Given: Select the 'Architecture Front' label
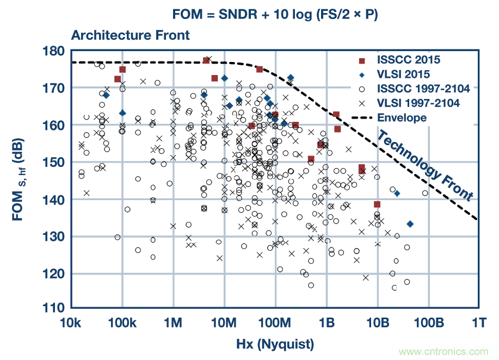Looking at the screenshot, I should (130, 35).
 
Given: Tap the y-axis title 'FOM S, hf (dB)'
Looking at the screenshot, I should (22, 179).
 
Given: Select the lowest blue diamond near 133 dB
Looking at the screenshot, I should (410, 224).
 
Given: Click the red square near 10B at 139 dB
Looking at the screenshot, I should (377, 204).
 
